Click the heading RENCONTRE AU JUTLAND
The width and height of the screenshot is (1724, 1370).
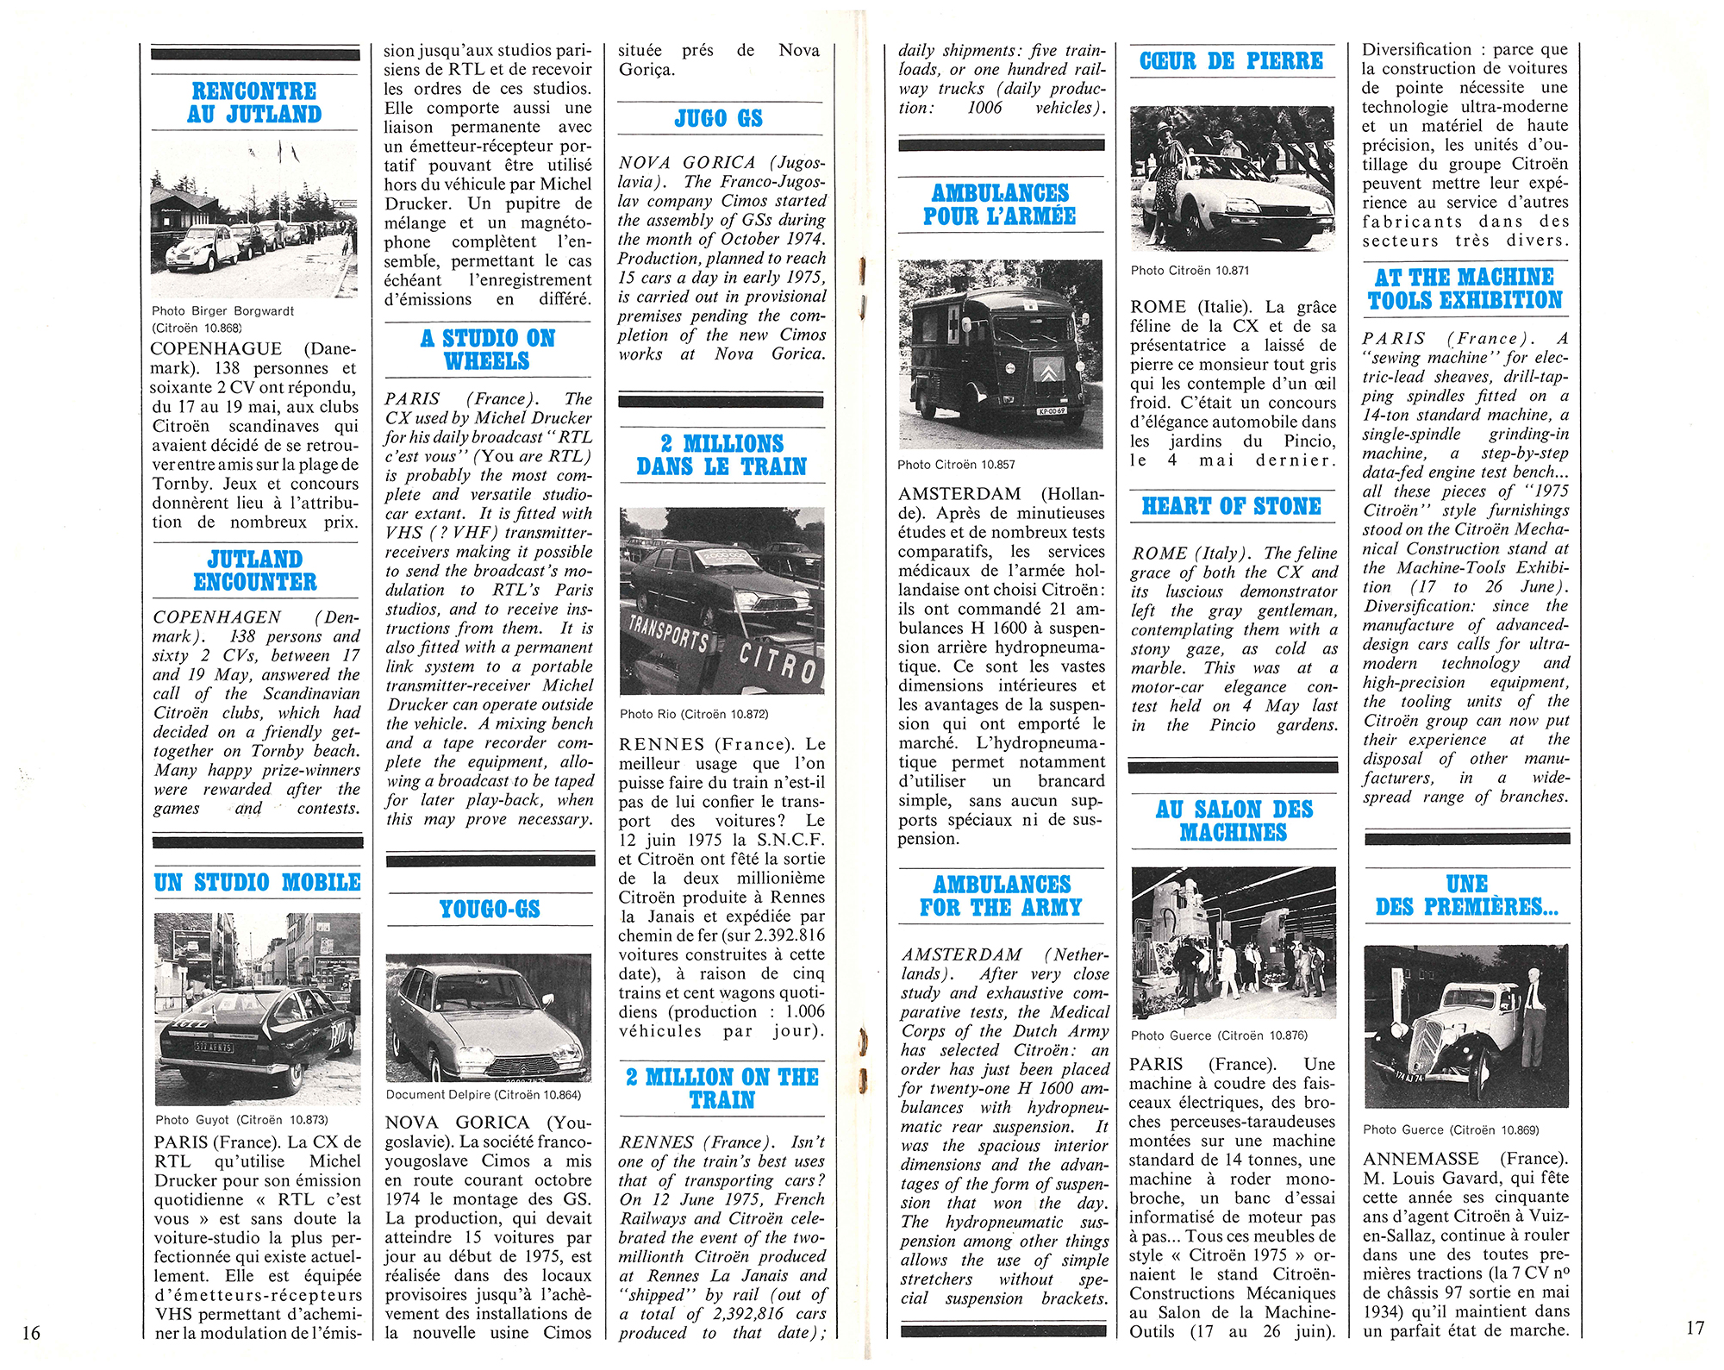[255, 103]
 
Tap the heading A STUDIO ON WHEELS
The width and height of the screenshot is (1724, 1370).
[488, 349]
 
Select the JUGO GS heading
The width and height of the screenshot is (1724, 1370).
[719, 118]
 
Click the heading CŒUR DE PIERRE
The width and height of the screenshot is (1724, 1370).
[1231, 61]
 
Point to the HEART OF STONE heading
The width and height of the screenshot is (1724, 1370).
[1231, 506]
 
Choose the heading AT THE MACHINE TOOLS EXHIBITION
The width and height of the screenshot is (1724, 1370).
[1465, 289]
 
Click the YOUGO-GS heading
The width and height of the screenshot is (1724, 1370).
[489, 909]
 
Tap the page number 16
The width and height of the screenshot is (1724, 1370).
[31, 1332]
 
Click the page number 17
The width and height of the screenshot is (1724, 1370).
[1694, 1328]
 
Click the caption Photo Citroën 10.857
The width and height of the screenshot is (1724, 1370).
[956, 465]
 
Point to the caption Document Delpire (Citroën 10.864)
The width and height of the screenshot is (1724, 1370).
[483, 1095]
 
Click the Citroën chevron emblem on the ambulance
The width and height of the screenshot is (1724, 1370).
[1046, 371]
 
